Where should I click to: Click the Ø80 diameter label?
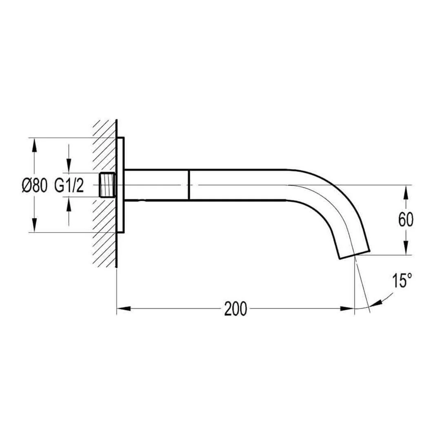[x=34, y=185]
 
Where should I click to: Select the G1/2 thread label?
[x=69, y=185]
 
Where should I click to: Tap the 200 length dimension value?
[x=235, y=308]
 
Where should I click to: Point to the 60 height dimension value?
[x=406, y=220]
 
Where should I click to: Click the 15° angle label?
[x=402, y=280]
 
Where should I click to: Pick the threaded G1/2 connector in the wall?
[x=107, y=185]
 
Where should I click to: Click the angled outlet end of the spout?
[x=355, y=254]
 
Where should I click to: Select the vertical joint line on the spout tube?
[x=189, y=185]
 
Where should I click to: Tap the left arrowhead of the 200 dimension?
[x=124, y=308]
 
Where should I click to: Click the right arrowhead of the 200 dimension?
[x=347, y=308]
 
